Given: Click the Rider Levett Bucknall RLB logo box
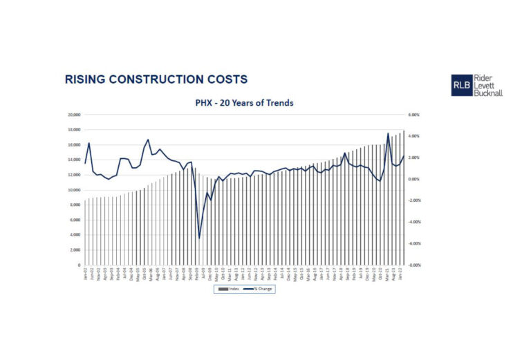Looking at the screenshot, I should [x=461, y=85].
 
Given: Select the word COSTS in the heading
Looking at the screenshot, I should [x=226, y=79].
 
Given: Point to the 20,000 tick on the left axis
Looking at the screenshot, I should [x=74, y=115].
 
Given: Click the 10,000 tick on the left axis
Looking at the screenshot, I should [x=74, y=190].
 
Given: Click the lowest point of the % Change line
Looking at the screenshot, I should [x=199, y=238].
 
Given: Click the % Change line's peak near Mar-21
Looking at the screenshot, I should [x=388, y=133].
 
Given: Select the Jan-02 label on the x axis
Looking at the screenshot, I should [x=85, y=272].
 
